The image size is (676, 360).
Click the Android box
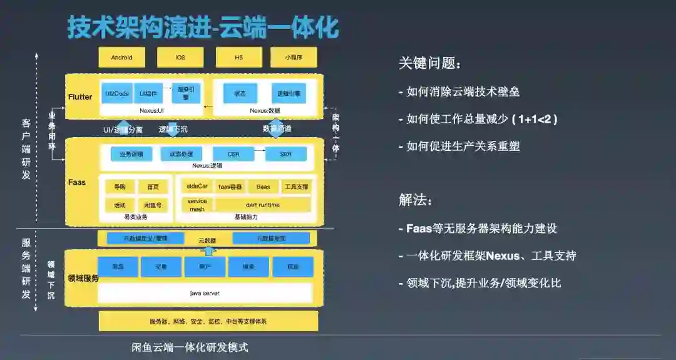click(x=121, y=57)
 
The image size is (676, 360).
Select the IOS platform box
click(x=180, y=57)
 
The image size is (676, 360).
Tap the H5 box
click(x=238, y=57)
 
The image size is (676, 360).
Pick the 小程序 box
click(x=294, y=57)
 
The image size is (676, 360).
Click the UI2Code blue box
click(x=117, y=94)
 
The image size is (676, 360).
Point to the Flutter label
click(x=80, y=97)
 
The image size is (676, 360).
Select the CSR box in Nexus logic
click(x=233, y=154)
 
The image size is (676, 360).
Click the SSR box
click(x=285, y=154)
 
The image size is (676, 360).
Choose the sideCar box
click(x=197, y=187)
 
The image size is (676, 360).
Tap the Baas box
click(x=263, y=187)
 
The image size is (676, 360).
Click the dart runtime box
click(x=262, y=205)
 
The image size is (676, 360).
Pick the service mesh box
click(x=197, y=205)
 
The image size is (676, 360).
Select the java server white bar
click(x=205, y=292)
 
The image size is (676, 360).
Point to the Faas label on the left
click(x=78, y=182)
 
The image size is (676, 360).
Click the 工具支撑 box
click(x=295, y=187)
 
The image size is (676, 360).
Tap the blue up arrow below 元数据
click(x=210, y=250)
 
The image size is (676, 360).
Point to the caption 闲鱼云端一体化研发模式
click(x=190, y=347)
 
